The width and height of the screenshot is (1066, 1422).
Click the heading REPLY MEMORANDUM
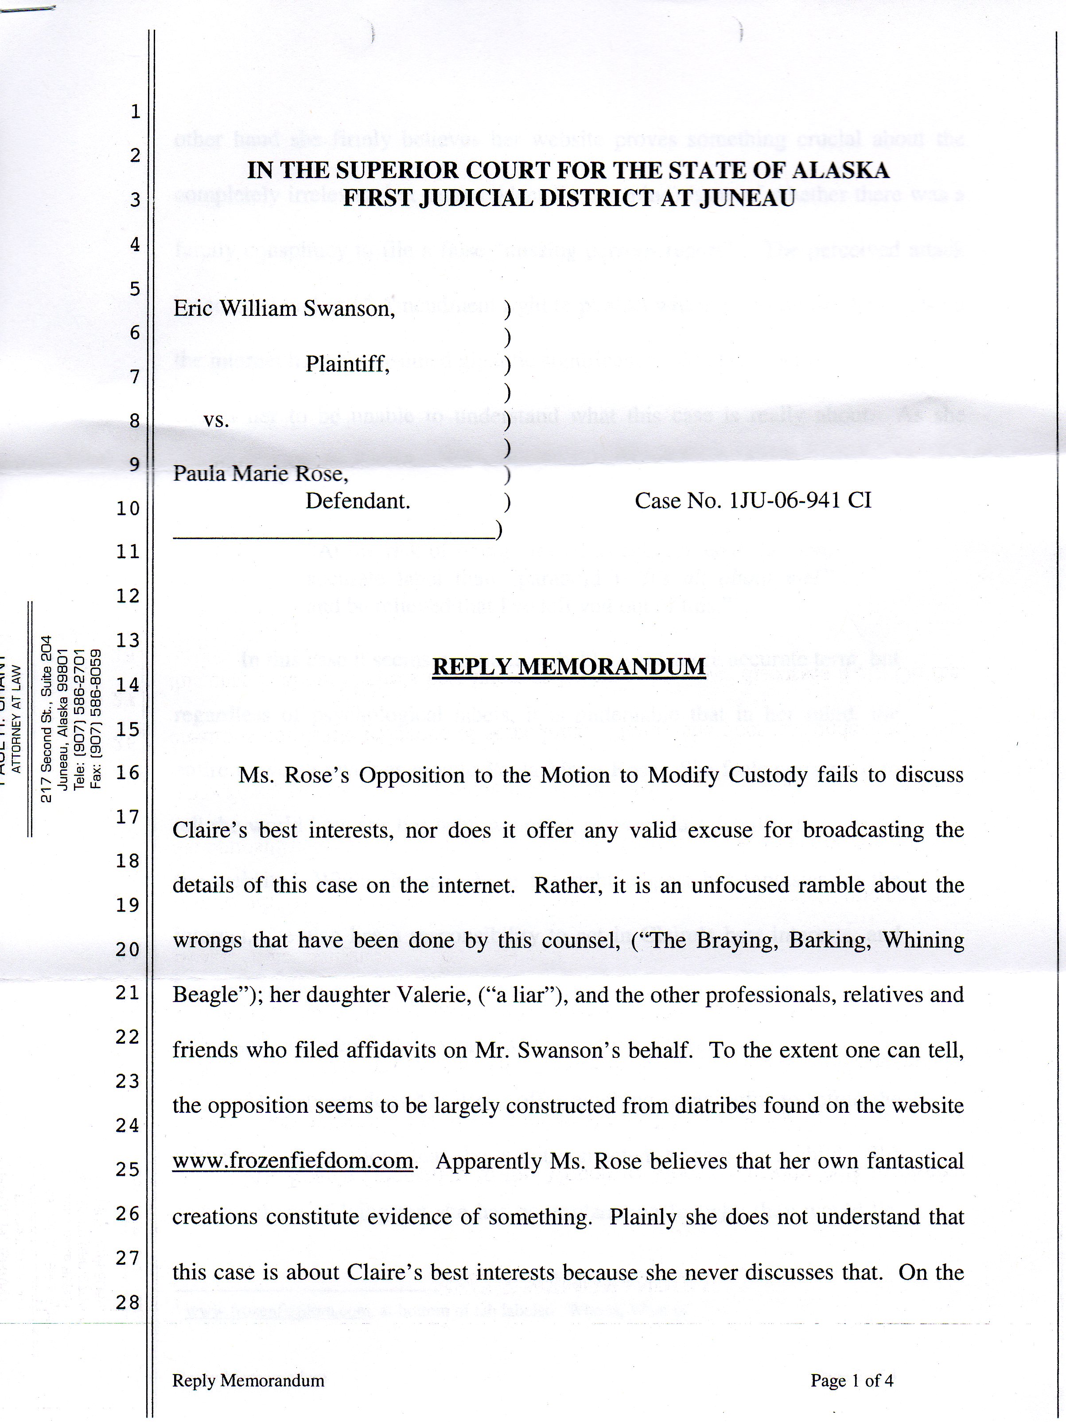tap(568, 667)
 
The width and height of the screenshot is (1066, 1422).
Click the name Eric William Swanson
tap(284, 309)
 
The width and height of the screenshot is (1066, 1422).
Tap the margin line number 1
tap(135, 112)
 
